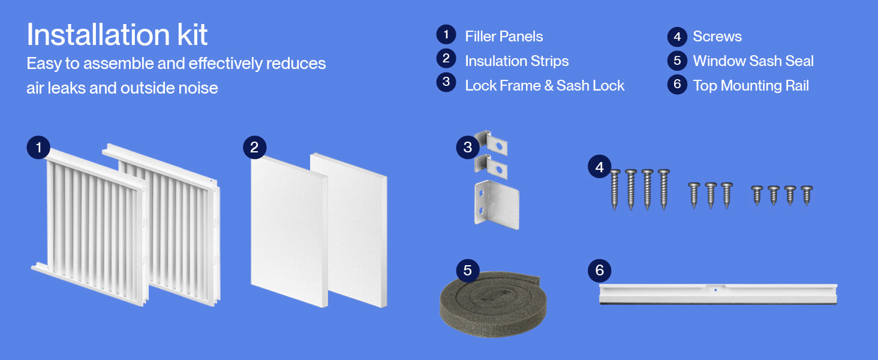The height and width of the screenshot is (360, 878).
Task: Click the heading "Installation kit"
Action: [x=117, y=35]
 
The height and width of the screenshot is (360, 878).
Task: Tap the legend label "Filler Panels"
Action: [x=504, y=37]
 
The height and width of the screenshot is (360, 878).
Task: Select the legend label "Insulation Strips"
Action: [x=516, y=61]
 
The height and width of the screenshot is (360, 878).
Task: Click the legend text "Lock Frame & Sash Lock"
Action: [x=545, y=85]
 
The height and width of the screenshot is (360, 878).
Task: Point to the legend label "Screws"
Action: [x=717, y=37]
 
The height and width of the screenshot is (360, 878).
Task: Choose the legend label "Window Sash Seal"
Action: [x=753, y=61]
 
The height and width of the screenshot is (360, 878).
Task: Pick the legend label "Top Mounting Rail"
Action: [x=751, y=85]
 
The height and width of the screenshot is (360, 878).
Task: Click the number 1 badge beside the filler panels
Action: [x=38, y=148]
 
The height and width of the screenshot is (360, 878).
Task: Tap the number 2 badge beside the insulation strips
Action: [x=255, y=148]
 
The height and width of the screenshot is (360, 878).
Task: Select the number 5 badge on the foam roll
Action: [x=468, y=270]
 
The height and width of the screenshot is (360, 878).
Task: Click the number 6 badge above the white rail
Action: [x=599, y=270]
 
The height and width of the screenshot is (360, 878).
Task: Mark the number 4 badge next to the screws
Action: [x=599, y=167]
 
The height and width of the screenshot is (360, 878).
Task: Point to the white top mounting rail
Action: [x=718, y=294]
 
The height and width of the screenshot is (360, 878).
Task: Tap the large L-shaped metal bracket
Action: [x=497, y=205]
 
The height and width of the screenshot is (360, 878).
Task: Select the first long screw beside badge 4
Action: [x=615, y=190]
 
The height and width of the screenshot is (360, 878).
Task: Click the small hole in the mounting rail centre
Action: [x=715, y=290]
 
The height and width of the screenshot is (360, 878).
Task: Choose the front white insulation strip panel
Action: [x=289, y=232]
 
